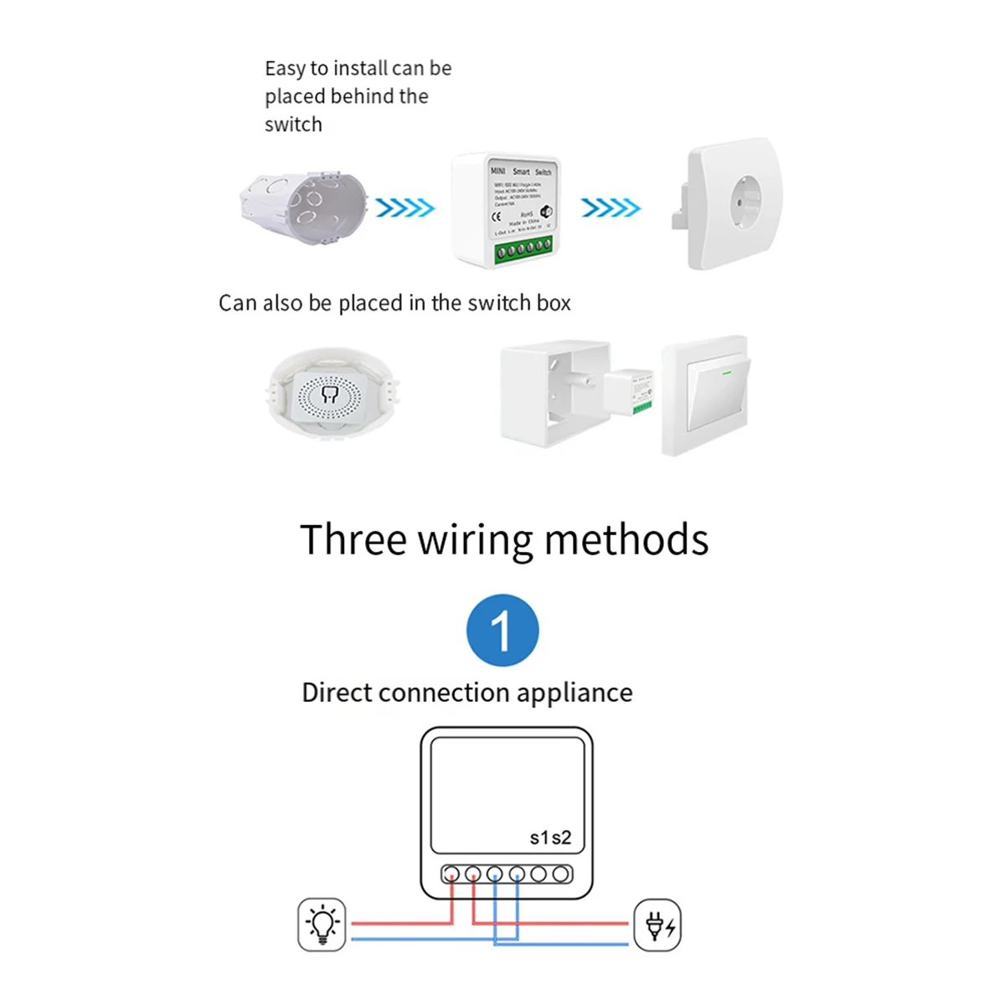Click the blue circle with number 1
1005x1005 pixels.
pyautogui.click(x=502, y=631)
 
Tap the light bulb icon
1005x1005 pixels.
pyautogui.click(x=322, y=925)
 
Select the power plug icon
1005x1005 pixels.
pyautogui.click(x=657, y=925)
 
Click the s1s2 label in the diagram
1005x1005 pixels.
pyautogui.click(x=550, y=837)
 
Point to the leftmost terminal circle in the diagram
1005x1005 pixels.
pyautogui.click(x=451, y=874)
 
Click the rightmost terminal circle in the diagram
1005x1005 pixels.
pyautogui.click(x=561, y=874)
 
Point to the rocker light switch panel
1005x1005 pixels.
pyautogui.click(x=706, y=395)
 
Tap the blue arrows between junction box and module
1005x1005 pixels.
pyautogui.click(x=405, y=208)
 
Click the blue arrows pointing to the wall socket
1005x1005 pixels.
pyautogui.click(x=611, y=208)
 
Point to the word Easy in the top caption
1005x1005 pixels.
pyautogui.click(x=285, y=69)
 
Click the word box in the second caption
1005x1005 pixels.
pyautogui.click(x=554, y=303)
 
